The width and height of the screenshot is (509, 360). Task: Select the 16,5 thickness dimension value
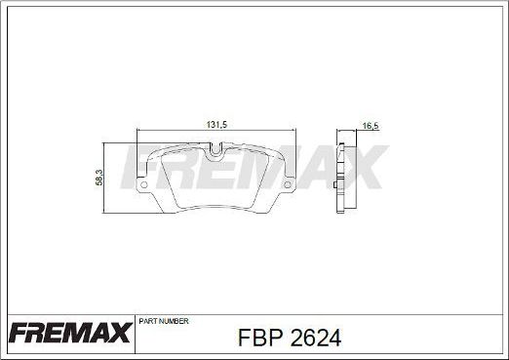tap(370, 126)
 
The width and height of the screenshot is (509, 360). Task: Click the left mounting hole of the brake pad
tap(142, 183)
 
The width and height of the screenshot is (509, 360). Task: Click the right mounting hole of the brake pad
tap(289, 183)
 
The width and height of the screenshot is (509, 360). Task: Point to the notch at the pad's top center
tap(215, 150)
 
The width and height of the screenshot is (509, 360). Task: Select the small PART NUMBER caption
tap(164, 321)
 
